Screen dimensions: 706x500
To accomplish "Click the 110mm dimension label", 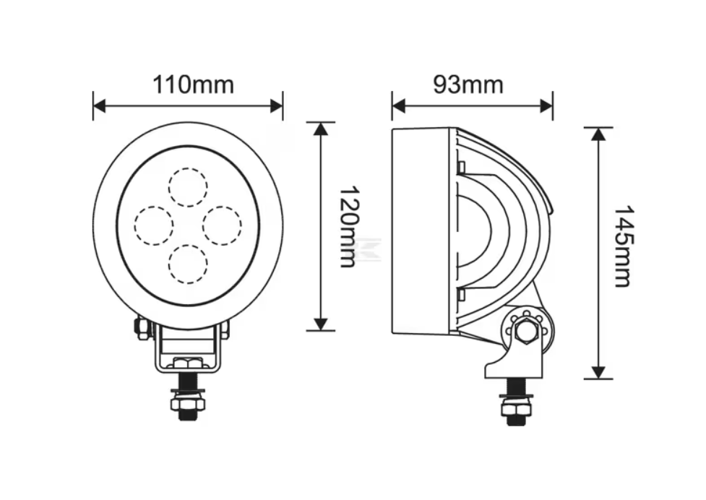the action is [x=193, y=85].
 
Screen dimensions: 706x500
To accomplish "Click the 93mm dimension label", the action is [x=468, y=85].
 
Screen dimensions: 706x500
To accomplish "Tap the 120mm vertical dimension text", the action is [x=347, y=226].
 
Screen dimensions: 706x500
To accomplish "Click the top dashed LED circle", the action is [x=188, y=187].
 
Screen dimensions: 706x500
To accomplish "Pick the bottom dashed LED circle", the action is [x=188, y=264].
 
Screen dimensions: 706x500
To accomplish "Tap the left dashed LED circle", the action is [x=153, y=225].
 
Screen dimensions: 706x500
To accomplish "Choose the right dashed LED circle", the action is [x=222, y=225].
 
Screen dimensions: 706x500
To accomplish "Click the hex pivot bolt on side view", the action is [x=526, y=331].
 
